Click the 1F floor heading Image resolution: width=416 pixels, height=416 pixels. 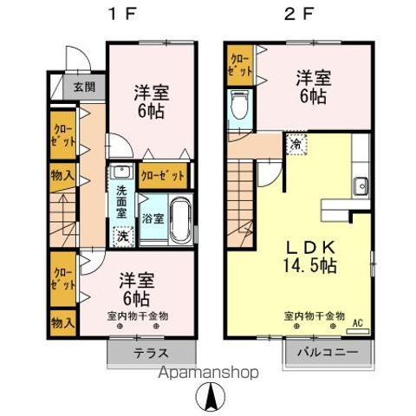118,15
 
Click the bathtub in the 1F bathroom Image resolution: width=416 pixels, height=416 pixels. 180,221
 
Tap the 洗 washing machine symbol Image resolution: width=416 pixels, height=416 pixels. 123,234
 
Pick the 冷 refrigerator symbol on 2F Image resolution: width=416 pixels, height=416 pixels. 296,143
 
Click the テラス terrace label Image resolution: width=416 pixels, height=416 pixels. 151,353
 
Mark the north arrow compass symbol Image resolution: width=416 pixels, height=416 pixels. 210,400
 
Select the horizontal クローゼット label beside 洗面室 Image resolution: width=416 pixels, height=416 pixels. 163,176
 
